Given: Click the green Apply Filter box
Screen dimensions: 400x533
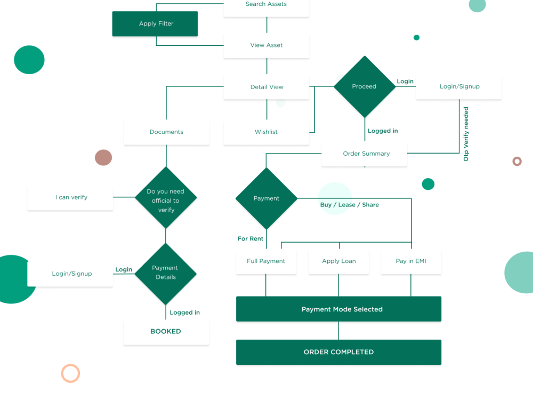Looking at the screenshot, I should click(x=155, y=24).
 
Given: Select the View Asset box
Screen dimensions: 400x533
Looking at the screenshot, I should click(x=266, y=45).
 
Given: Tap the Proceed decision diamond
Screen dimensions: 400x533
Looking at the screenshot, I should click(x=364, y=86).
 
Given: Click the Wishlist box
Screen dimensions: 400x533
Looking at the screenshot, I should click(x=266, y=132).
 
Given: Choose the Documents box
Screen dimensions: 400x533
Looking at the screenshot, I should click(x=166, y=132).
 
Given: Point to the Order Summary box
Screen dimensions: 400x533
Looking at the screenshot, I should click(x=366, y=154).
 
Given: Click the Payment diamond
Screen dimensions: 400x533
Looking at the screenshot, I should click(x=266, y=198).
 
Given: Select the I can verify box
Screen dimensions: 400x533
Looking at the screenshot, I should click(x=71, y=197).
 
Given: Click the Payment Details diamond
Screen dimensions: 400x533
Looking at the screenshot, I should click(x=165, y=273).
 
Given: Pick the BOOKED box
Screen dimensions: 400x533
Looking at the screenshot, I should click(x=166, y=332).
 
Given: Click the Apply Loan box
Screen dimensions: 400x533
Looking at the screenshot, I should click(x=338, y=261).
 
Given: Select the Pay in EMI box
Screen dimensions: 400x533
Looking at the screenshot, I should click(x=411, y=261).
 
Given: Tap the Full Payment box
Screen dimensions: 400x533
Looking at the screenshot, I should click(x=266, y=261).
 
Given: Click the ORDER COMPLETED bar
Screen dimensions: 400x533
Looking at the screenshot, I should click(x=338, y=352).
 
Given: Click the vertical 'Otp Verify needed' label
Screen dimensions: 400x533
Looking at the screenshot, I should click(x=466, y=134).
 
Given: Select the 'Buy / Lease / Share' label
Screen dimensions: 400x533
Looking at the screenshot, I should click(x=349, y=205).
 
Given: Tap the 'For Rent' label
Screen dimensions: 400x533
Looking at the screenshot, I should click(x=251, y=239).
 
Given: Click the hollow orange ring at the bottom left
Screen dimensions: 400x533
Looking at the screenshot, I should click(x=70, y=373).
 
